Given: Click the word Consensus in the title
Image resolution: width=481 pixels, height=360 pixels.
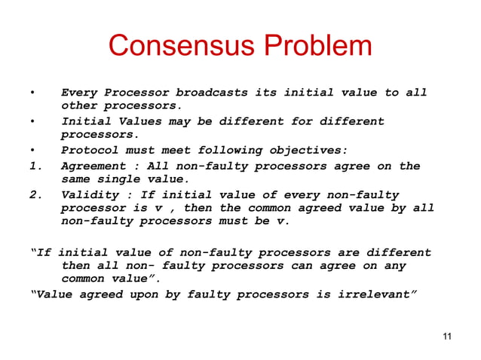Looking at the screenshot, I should tap(179, 47).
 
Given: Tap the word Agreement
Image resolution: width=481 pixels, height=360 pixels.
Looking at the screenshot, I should tap(94, 166).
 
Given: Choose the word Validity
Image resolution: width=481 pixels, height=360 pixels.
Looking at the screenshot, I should tap(90, 194).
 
